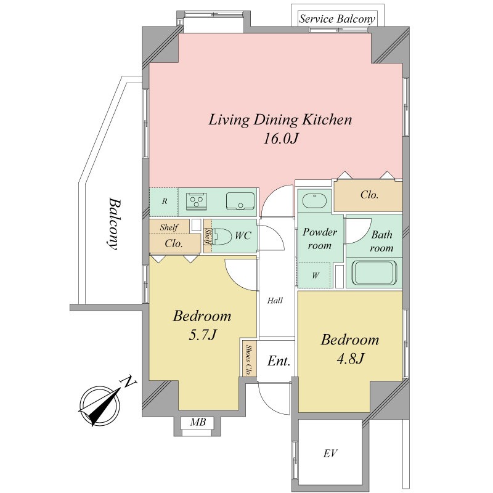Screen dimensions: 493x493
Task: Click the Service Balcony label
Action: (x=337, y=19)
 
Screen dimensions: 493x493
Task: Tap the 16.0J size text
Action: (x=280, y=138)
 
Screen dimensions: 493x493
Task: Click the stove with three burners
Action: (x=197, y=200)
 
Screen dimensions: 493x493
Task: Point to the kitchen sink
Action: (x=240, y=201)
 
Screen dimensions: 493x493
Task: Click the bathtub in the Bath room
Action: (x=374, y=272)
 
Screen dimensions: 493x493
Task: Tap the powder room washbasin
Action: (x=314, y=201)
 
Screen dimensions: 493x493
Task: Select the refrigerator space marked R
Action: (x=164, y=202)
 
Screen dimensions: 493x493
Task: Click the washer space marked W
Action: (x=315, y=275)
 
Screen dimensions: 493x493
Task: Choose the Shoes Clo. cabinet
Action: (x=249, y=359)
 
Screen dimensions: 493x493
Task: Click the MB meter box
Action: (x=198, y=422)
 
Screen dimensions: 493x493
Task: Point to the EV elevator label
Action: (x=330, y=453)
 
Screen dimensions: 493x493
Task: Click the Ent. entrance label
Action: (x=279, y=361)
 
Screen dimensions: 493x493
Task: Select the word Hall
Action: (x=275, y=301)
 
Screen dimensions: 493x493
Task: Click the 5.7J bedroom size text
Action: (x=203, y=335)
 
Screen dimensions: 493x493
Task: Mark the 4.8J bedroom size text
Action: (x=350, y=358)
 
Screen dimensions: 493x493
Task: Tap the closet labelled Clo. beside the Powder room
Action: (x=368, y=196)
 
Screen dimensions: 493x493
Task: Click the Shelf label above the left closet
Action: (x=169, y=227)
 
